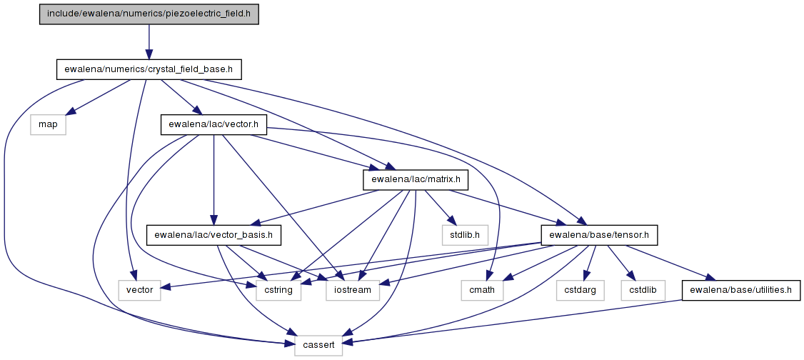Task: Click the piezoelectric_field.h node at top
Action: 149,14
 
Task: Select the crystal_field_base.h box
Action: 149,69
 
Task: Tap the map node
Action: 47,124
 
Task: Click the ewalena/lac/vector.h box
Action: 213,124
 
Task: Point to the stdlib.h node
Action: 459,234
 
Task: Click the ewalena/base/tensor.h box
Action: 599,234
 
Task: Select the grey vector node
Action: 139,289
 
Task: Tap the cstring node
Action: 274,289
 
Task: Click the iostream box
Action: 353,289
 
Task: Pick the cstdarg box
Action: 578,289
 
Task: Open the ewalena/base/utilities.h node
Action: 740,289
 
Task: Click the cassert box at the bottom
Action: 318,345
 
